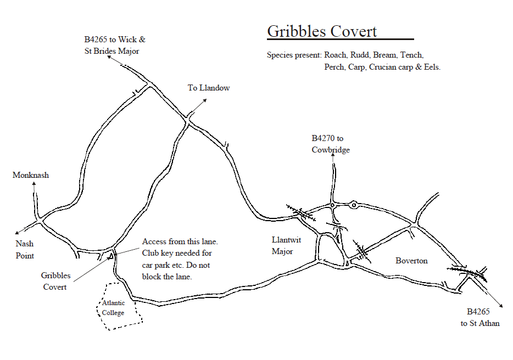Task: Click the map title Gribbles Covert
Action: (x=322, y=31)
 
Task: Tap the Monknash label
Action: (x=31, y=175)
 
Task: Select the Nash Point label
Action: (x=25, y=250)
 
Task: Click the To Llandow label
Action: (x=209, y=88)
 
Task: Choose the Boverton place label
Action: (x=411, y=261)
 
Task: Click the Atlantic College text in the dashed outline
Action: (x=113, y=308)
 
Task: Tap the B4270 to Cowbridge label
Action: (x=331, y=144)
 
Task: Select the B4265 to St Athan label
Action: (x=480, y=317)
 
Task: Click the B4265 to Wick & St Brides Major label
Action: (x=114, y=46)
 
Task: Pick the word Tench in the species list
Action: (x=411, y=55)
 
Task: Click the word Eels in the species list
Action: (x=431, y=67)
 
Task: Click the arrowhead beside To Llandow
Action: (x=205, y=100)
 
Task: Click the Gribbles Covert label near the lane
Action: (x=55, y=281)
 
